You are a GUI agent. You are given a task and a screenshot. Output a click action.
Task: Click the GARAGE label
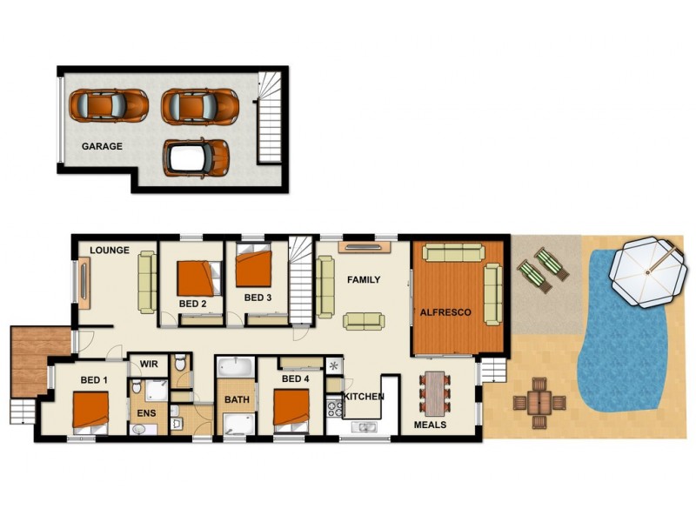102,146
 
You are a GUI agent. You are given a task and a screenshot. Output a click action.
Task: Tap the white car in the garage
196,157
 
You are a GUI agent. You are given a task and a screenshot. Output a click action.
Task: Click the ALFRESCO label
445,311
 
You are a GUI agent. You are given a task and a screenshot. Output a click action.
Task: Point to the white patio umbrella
646,273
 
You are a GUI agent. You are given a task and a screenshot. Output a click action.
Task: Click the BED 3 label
258,298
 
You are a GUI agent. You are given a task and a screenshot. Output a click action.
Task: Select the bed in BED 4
291,407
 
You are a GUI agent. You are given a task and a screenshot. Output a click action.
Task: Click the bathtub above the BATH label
235,370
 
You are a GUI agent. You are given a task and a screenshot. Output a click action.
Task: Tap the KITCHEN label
364,397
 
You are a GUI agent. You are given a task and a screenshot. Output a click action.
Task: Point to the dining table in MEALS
433,393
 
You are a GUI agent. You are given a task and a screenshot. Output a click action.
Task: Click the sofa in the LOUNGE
146,282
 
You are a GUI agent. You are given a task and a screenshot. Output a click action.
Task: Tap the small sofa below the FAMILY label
364,320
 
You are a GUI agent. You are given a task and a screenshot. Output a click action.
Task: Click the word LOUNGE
110,251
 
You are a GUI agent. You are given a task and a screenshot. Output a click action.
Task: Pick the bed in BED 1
90,411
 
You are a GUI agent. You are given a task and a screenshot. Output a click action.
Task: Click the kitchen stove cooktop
334,406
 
